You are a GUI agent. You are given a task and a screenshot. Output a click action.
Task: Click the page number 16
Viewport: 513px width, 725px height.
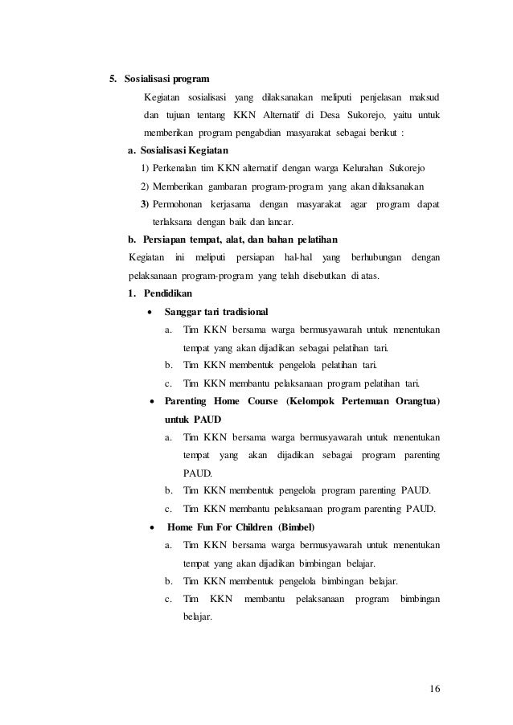coord(435,689)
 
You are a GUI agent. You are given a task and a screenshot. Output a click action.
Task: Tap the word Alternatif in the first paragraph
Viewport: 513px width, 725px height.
coord(309,115)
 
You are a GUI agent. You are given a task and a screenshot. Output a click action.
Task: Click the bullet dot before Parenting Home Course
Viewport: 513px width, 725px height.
coord(151,401)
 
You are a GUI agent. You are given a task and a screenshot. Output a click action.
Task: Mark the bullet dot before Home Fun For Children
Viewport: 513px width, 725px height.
coord(151,527)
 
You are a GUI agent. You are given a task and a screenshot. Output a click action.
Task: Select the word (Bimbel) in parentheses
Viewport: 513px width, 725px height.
coord(297,527)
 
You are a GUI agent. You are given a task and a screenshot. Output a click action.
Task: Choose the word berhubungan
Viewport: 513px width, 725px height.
coord(374,258)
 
